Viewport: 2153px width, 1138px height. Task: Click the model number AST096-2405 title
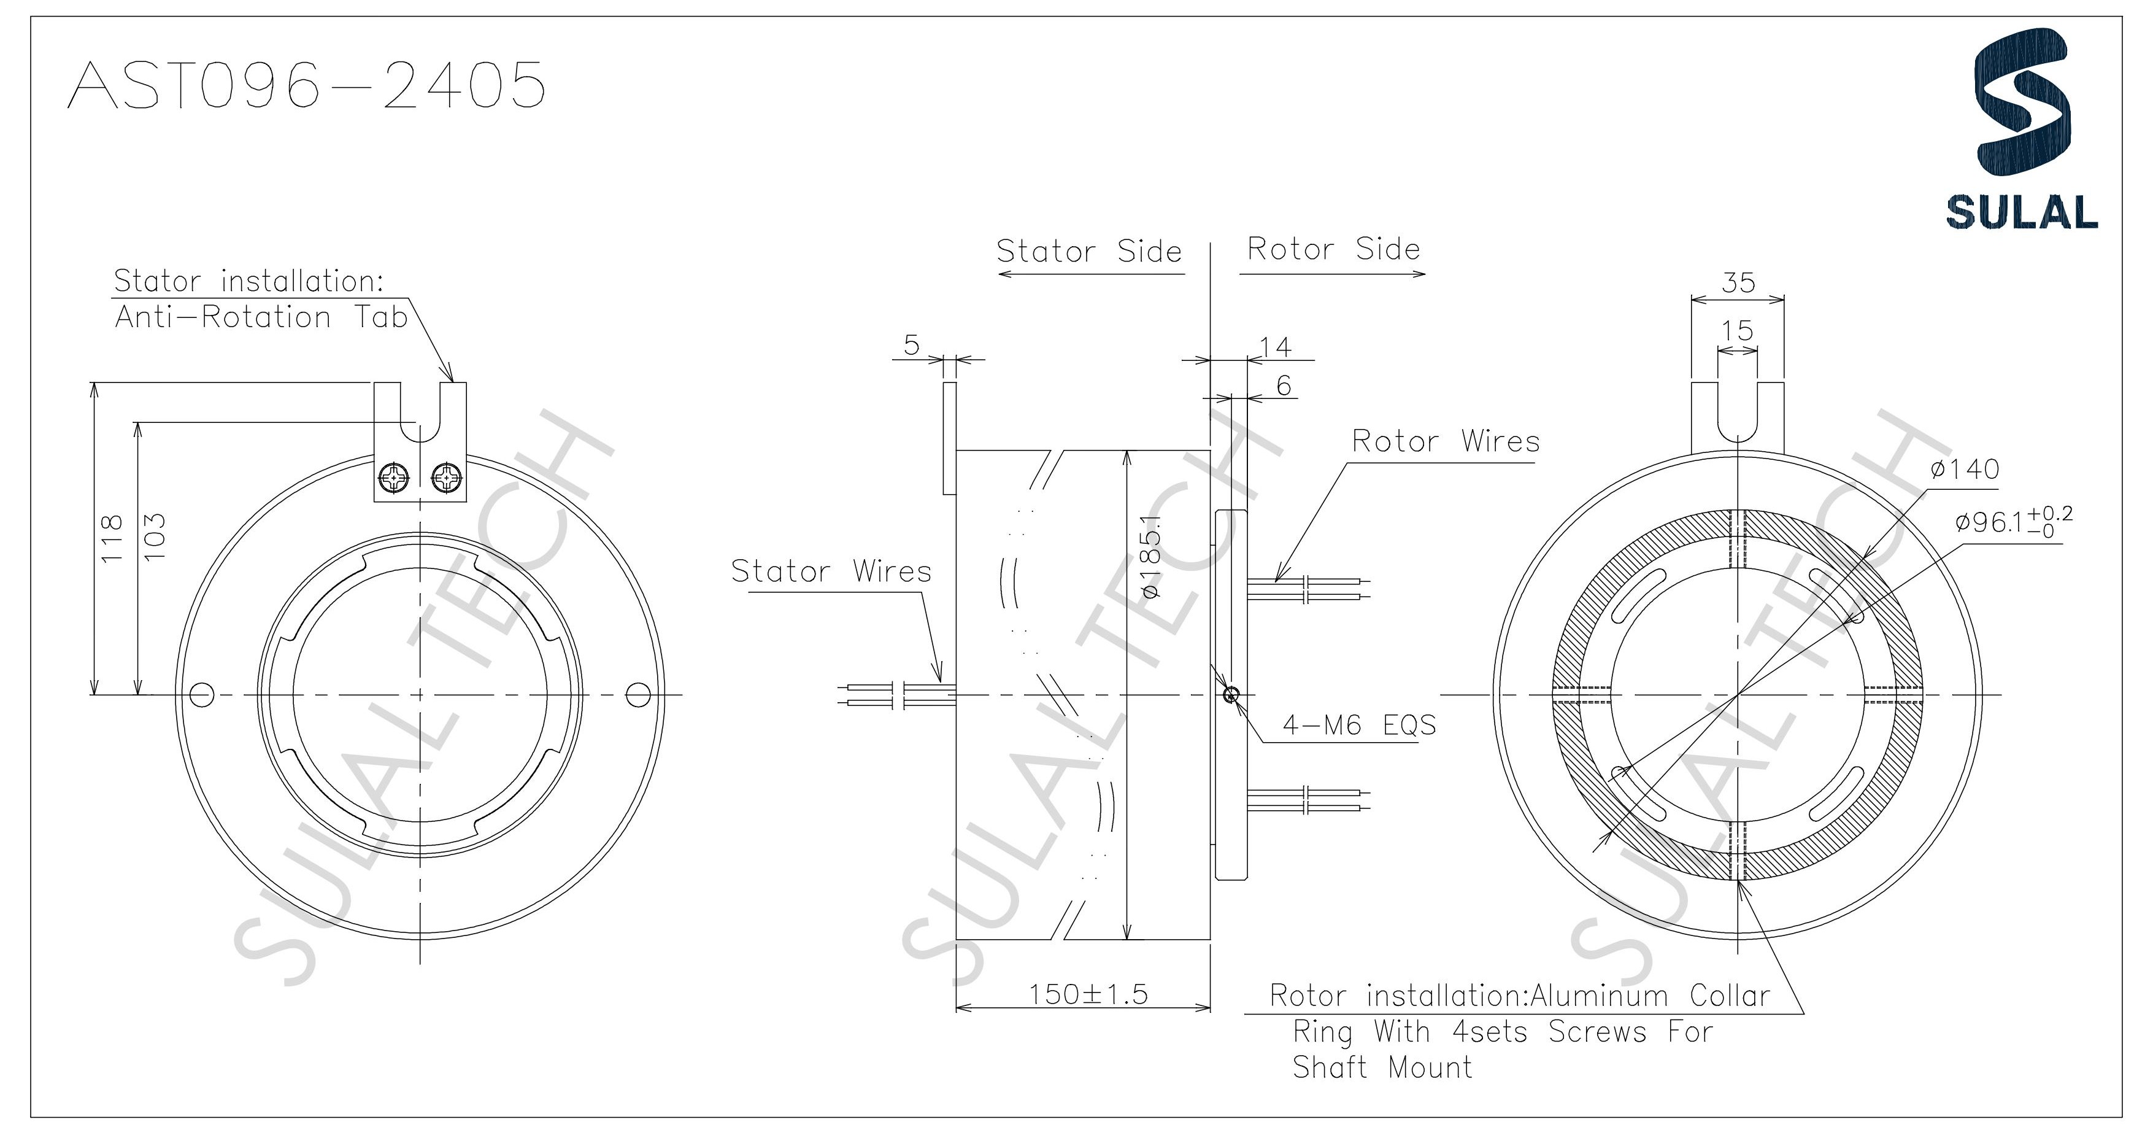(x=306, y=85)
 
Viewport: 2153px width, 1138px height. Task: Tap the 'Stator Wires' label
(x=831, y=571)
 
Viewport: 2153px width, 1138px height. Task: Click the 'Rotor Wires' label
(x=1445, y=441)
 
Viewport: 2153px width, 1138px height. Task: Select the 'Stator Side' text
(x=1088, y=251)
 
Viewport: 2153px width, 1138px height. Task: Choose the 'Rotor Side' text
(x=1333, y=249)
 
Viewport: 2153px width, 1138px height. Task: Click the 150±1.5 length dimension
(x=1087, y=994)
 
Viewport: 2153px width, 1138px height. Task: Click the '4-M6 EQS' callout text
(x=1359, y=725)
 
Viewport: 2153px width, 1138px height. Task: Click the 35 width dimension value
(x=1738, y=282)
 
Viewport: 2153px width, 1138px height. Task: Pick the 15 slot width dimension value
(x=1737, y=330)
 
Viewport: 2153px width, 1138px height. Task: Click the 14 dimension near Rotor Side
(x=1276, y=346)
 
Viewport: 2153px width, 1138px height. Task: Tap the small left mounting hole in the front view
(x=202, y=694)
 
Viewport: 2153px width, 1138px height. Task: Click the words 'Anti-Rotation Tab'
(x=261, y=317)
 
